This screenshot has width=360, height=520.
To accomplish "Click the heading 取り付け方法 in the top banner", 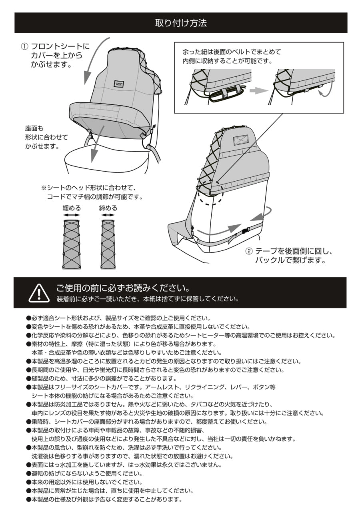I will coord(180,23).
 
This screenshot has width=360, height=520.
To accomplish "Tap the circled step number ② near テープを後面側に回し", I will coord(249,252).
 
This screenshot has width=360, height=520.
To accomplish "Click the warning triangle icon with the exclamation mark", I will coord(39,293).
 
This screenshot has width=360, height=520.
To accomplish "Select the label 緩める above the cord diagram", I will coord(72,208).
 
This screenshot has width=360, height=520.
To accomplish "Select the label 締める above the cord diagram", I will coord(108,208).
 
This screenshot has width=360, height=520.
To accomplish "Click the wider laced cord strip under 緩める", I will coord(72,244).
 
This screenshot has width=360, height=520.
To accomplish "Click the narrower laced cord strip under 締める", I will coord(108,244).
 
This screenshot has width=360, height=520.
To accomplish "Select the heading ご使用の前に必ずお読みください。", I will coord(122,288).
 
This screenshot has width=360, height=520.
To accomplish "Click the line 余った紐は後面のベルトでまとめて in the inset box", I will coord(232,52).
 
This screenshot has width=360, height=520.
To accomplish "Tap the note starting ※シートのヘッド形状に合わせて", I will coord(89,188).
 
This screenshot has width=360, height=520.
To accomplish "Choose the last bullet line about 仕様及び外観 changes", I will coord(104,500).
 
